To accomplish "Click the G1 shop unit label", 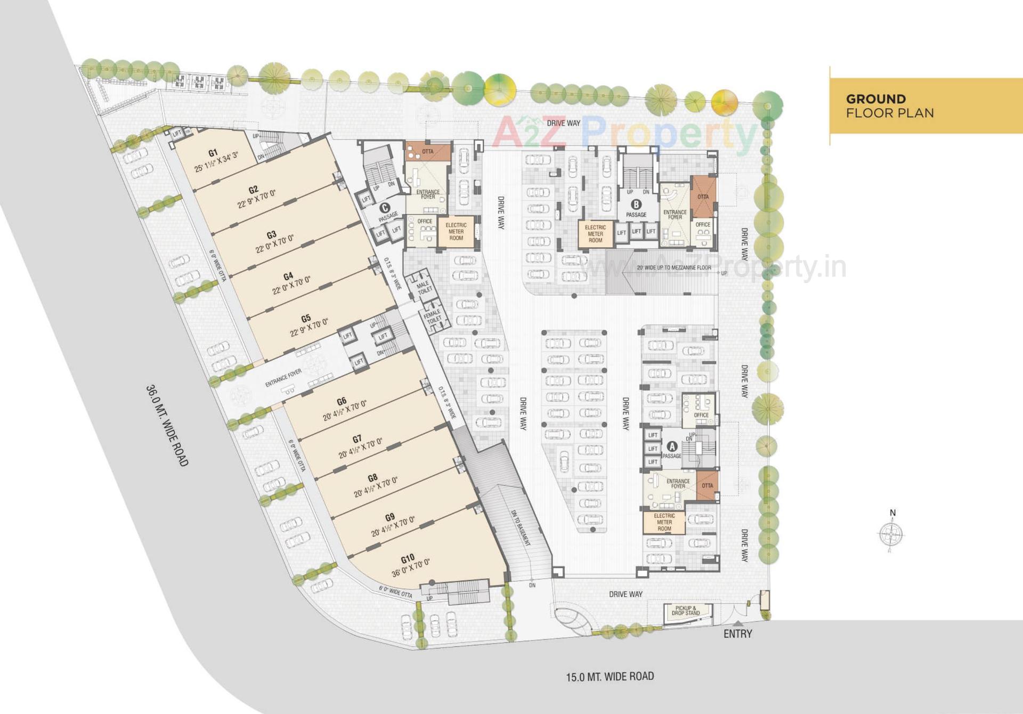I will pyautogui.click(x=213, y=153).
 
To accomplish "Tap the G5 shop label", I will pyautogui.click(x=306, y=319).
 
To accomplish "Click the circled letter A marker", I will pyautogui.click(x=672, y=447).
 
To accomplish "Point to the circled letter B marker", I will pyautogui.click(x=636, y=204).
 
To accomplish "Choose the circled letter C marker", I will pyautogui.click(x=384, y=208).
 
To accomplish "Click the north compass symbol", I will pyautogui.click(x=891, y=533).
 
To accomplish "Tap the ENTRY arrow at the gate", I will pyautogui.click(x=737, y=623).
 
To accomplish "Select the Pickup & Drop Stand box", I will pyautogui.click(x=686, y=611).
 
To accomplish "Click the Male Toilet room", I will pyautogui.click(x=424, y=288).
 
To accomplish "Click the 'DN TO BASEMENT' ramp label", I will pyautogui.click(x=521, y=528).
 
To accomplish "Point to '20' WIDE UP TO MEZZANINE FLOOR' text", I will pyautogui.click(x=673, y=268).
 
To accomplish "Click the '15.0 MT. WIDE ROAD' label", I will pyautogui.click(x=610, y=677).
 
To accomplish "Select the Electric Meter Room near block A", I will pyautogui.click(x=664, y=522).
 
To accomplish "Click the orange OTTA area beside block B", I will pyautogui.click(x=703, y=197).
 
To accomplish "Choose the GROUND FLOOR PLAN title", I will pyautogui.click(x=889, y=106).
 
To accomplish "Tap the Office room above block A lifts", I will pyautogui.click(x=700, y=410).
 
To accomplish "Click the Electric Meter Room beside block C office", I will pyautogui.click(x=456, y=232).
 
